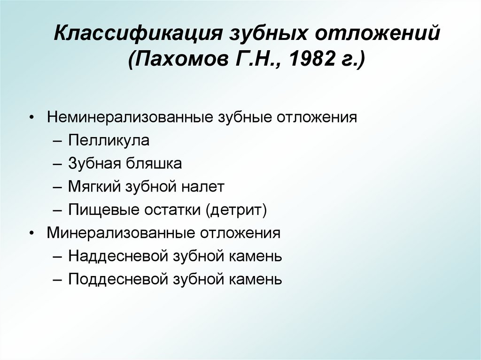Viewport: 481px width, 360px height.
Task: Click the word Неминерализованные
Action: (129, 117)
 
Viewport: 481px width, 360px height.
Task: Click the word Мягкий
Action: (93, 187)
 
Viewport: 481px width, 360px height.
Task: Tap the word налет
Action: (204, 187)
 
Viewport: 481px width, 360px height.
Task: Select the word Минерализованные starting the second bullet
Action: (121, 233)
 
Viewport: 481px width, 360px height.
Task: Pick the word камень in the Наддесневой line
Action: (256, 256)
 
